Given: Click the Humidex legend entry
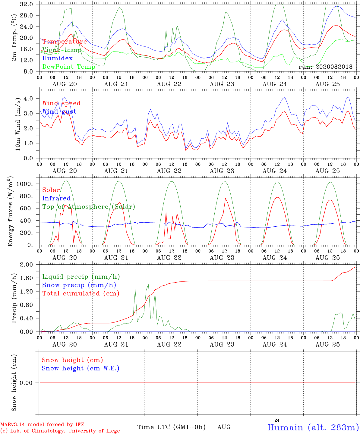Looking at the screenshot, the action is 57,58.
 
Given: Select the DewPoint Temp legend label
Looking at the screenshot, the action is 69,67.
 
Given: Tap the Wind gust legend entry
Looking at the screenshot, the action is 59,112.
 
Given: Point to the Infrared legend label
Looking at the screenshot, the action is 56,198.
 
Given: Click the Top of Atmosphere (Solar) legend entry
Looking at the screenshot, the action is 89,207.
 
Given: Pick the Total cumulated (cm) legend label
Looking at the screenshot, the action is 81,293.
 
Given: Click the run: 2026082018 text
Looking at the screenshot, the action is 325,67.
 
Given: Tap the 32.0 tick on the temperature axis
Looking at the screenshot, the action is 27,4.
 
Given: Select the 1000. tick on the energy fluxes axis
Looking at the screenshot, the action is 25,184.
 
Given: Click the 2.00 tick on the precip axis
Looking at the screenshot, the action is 27,265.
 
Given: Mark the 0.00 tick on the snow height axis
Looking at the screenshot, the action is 26,383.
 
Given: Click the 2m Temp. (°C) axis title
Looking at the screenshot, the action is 14,38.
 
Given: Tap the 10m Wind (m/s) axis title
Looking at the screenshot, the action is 18,124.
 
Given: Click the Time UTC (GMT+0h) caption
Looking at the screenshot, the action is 171,427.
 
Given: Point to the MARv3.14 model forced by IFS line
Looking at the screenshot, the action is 42,424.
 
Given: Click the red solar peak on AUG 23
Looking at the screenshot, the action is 226,198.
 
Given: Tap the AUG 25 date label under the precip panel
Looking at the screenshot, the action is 327,344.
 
